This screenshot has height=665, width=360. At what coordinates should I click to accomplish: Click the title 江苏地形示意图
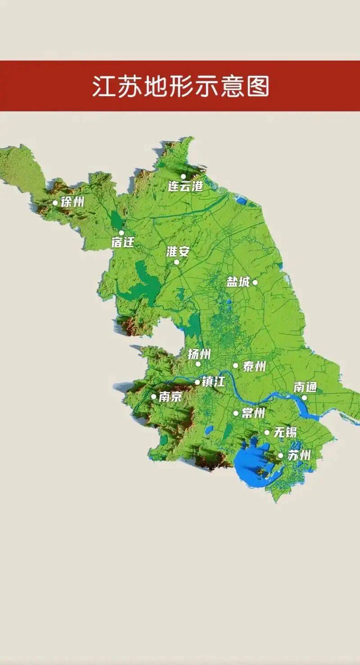[x=180, y=86]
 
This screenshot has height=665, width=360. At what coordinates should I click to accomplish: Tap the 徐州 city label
[x=72, y=202]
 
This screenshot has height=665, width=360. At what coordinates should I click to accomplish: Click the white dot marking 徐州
[x=55, y=203]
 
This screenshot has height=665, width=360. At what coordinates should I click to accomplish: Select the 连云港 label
[x=185, y=186]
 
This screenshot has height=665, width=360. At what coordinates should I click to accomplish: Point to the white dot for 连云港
[x=183, y=176]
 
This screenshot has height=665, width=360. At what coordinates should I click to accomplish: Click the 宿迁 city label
[x=123, y=242]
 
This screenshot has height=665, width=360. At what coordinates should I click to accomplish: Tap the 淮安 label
[x=178, y=252]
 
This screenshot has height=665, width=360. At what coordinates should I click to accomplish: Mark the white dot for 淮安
[x=176, y=262]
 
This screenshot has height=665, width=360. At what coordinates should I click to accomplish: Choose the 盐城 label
[x=238, y=282]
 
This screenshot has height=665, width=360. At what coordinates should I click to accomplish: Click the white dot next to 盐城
[x=255, y=282]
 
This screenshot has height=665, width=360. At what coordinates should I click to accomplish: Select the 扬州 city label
[x=199, y=354]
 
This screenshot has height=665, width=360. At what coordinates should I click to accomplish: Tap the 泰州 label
[x=254, y=366]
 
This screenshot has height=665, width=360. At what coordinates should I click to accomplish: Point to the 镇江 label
[x=213, y=382]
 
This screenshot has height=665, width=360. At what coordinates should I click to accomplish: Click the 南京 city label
[x=170, y=397]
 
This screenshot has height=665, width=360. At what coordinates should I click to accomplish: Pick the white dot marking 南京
[x=153, y=397]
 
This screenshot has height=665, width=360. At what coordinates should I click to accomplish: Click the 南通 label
[x=306, y=387]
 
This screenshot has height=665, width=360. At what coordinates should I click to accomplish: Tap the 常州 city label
[x=253, y=413]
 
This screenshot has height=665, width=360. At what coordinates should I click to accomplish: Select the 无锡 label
[x=285, y=433]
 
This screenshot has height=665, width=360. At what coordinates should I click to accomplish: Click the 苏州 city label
[x=299, y=455]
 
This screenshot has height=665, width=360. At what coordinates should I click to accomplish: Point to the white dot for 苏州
[x=280, y=456]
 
